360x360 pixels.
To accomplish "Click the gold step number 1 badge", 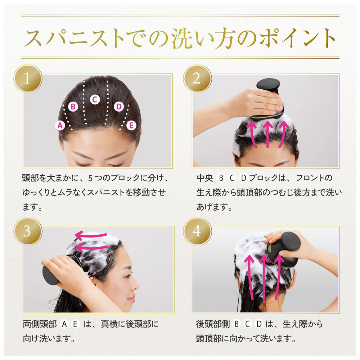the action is tap(28, 78).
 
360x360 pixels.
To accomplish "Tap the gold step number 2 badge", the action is tap(197, 78).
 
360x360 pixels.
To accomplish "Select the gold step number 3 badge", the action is tap(28, 231).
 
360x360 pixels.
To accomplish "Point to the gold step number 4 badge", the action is tap(197, 231).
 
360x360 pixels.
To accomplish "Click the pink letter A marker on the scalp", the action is tap(60, 126).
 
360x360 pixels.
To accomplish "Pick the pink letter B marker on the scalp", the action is tap(73, 107).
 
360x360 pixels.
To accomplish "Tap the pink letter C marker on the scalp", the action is tap(95, 99).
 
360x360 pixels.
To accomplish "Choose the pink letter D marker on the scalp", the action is tap(119, 107).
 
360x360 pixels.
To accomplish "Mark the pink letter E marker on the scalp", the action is tap(131, 126).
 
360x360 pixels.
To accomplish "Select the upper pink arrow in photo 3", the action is tap(91, 235).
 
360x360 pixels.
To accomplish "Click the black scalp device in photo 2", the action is tap(269, 99).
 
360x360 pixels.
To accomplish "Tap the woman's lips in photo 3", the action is tap(131, 299).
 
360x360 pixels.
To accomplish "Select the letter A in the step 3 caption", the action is tap(64, 324).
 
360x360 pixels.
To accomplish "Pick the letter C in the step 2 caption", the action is tap(232, 178).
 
